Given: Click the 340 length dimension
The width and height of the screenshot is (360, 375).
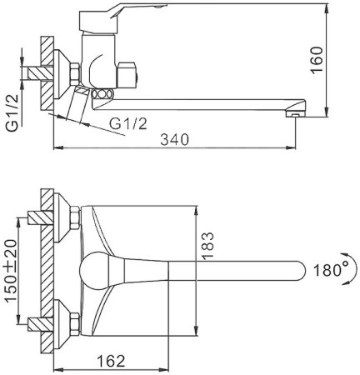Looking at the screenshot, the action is pyautogui.click(x=174, y=140).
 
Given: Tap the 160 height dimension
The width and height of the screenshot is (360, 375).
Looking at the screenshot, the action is pyautogui.click(x=317, y=60).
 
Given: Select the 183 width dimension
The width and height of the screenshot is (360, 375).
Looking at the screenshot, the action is pyautogui.click(x=207, y=246).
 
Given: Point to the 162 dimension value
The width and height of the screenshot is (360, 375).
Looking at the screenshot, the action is pyautogui.click(x=111, y=361).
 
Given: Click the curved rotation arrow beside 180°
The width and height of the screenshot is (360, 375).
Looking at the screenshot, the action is pyautogui.click(x=352, y=268).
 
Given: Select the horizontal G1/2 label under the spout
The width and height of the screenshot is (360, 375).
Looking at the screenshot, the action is pyautogui.click(x=127, y=123).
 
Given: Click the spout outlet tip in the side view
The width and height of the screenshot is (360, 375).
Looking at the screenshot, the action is pyautogui.click(x=295, y=113).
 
